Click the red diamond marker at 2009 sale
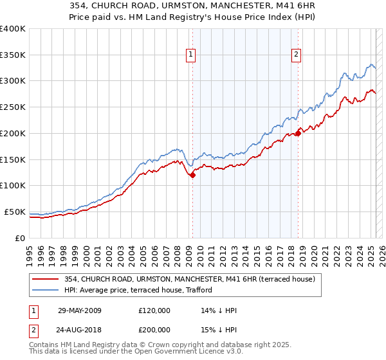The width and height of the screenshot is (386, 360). [x=192, y=175]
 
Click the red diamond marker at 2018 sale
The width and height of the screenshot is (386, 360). [x=298, y=134]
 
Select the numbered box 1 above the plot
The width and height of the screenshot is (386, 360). [x=192, y=55]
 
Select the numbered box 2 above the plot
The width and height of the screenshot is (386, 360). [x=297, y=55]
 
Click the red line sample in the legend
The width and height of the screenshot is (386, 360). [x=45, y=279]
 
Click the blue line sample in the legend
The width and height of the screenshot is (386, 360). [x=45, y=290]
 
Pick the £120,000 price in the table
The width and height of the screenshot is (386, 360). [x=154, y=311]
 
